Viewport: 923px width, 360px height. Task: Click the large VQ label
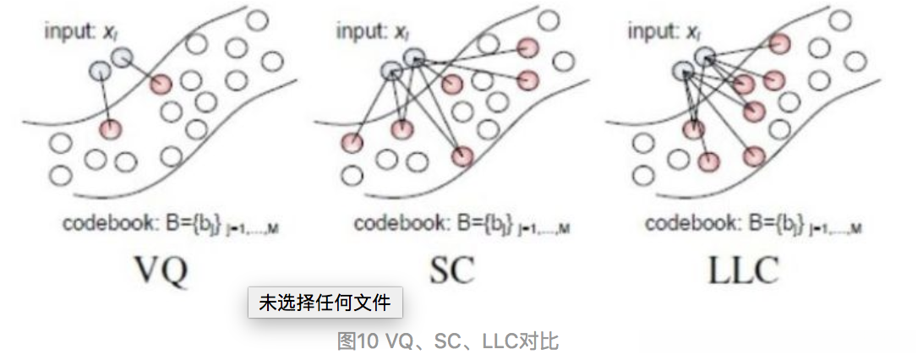(x=163, y=270)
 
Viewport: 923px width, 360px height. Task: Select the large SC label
(x=451, y=270)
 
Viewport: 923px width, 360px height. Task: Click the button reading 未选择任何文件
(x=325, y=303)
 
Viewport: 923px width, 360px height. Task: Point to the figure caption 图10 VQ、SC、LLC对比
(x=447, y=341)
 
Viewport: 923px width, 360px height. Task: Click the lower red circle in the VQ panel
(x=110, y=129)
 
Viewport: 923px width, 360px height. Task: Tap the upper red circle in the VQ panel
(x=161, y=83)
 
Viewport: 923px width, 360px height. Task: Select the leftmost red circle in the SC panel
(x=352, y=143)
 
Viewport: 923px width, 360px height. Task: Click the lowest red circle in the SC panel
(x=462, y=156)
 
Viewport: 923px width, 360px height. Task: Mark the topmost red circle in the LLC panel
(x=780, y=43)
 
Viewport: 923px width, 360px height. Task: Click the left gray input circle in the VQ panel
(x=100, y=72)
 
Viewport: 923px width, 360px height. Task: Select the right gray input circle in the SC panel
(x=414, y=57)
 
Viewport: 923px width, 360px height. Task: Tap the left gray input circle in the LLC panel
(x=682, y=72)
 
